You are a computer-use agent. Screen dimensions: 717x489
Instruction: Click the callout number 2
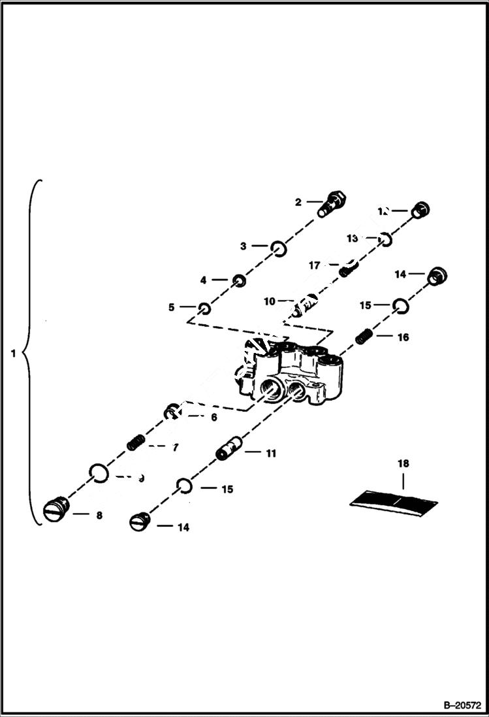(x=298, y=203)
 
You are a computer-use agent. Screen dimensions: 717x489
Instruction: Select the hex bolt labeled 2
(x=332, y=202)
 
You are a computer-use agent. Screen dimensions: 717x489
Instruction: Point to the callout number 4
(x=204, y=280)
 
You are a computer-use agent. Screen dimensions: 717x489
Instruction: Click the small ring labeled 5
(x=204, y=307)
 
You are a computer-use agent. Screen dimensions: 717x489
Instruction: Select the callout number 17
(x=315, y=265)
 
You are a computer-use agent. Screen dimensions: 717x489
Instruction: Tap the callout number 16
(x=403, y=337)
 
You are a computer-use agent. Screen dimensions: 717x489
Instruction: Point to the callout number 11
(x=270, y=452)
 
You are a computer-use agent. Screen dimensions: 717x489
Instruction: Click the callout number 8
(x=99, y=515)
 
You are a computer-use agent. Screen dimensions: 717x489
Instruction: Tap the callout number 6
(x=213, y=417)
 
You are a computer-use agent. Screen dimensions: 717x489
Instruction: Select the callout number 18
(x=403, y=463)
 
